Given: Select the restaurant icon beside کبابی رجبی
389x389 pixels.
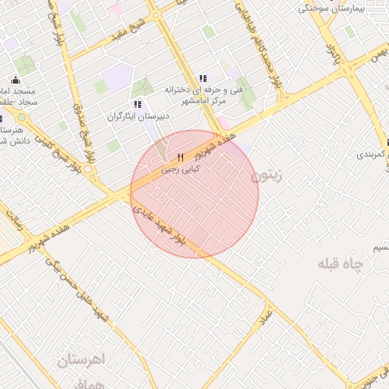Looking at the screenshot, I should pos(180,158).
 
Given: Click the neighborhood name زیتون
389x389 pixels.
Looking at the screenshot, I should pos(265,176).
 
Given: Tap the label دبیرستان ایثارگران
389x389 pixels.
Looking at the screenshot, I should pos(135,118).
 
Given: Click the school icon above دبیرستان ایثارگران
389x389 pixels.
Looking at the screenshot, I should pos(137,104).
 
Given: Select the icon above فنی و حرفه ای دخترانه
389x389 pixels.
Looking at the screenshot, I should pos(202,78).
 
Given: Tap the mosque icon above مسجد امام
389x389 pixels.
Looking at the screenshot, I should pos(15,80).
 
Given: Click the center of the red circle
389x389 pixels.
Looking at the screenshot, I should pos(194,194).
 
